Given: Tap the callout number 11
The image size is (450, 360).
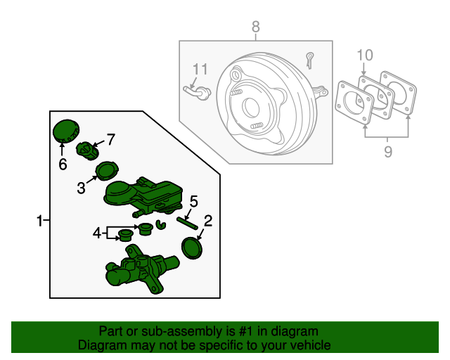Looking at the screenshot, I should [200, 69].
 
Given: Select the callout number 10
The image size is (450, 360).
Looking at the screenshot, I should [364, 54].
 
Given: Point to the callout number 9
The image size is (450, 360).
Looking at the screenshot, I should [387, 150].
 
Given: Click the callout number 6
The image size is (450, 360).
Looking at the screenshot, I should [63, 165].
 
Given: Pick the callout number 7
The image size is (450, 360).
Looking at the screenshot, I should [110, 139].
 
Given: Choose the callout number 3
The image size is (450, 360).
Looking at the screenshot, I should [82, 188].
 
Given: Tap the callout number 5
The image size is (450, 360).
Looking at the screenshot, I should [194, 200].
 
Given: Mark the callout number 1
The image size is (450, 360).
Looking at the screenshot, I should [40, 221].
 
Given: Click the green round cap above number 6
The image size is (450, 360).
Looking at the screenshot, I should [67, 130].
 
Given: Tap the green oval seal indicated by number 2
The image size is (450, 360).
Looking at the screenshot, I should [191, 249].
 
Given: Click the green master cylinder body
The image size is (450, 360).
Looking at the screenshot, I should [141, 271].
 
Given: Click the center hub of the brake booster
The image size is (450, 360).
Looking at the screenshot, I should [251, 107].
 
